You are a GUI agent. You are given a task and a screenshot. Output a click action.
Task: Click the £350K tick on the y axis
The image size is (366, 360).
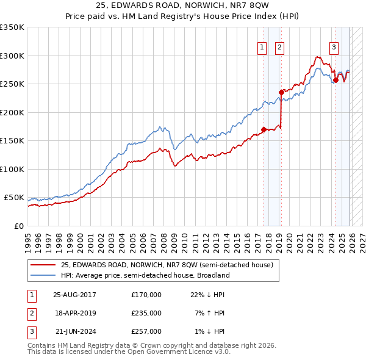coord(12,27)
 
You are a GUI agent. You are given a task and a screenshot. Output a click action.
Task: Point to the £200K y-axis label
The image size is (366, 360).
coord(12,112)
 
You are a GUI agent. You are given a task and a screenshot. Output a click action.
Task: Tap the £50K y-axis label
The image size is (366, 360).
coord(14,198)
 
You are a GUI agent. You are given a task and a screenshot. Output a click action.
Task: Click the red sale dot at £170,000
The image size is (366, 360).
coord(264,129)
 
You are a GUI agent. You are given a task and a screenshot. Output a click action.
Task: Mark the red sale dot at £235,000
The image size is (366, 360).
coord(281,92)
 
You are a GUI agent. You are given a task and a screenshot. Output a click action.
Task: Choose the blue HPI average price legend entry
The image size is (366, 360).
coord(145,275)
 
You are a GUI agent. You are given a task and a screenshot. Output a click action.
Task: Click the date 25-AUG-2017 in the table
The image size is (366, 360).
coord(74,295)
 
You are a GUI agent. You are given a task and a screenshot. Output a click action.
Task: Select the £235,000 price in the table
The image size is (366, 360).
coord(146,313)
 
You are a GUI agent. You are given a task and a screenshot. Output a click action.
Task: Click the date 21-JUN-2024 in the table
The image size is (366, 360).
coord(74,331)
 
